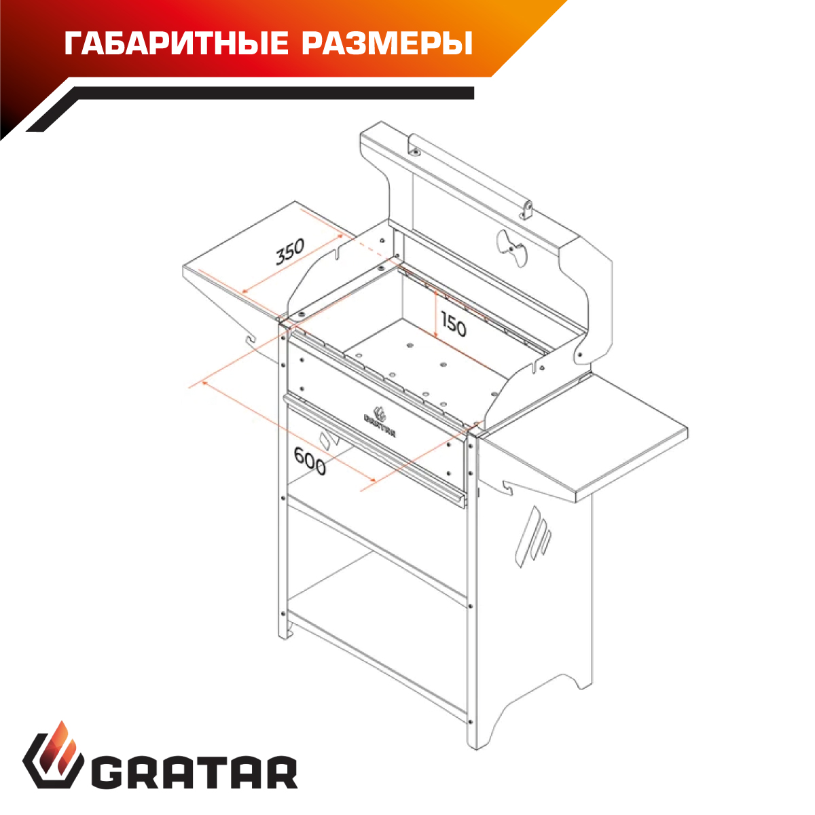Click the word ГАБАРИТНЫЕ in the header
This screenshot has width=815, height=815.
point(177,43)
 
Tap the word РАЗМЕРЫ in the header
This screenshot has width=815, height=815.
point(387,43)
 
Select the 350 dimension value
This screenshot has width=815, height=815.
point(290,252)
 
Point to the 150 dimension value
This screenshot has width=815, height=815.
point(454,324)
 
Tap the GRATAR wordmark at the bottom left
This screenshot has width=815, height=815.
point(194,774)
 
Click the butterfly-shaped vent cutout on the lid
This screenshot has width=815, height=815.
point(512,249)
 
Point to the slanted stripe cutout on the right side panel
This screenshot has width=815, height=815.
point(533,537)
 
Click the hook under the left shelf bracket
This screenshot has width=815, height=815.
point(252,340)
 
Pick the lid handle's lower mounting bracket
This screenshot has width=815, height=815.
point(527,210)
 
